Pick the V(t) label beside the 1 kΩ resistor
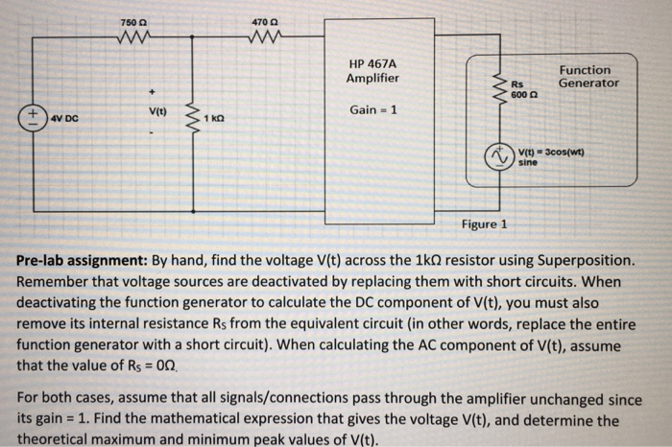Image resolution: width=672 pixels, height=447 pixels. click(156, 111)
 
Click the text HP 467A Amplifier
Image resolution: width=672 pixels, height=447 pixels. click(373, 70)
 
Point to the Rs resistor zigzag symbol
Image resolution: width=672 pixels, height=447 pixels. click(499, 87)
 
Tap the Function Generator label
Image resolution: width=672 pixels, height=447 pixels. click(588, 76)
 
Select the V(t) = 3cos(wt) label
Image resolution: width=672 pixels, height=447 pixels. click(551, 154)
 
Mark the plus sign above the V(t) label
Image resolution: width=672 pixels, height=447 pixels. click(151, 93)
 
